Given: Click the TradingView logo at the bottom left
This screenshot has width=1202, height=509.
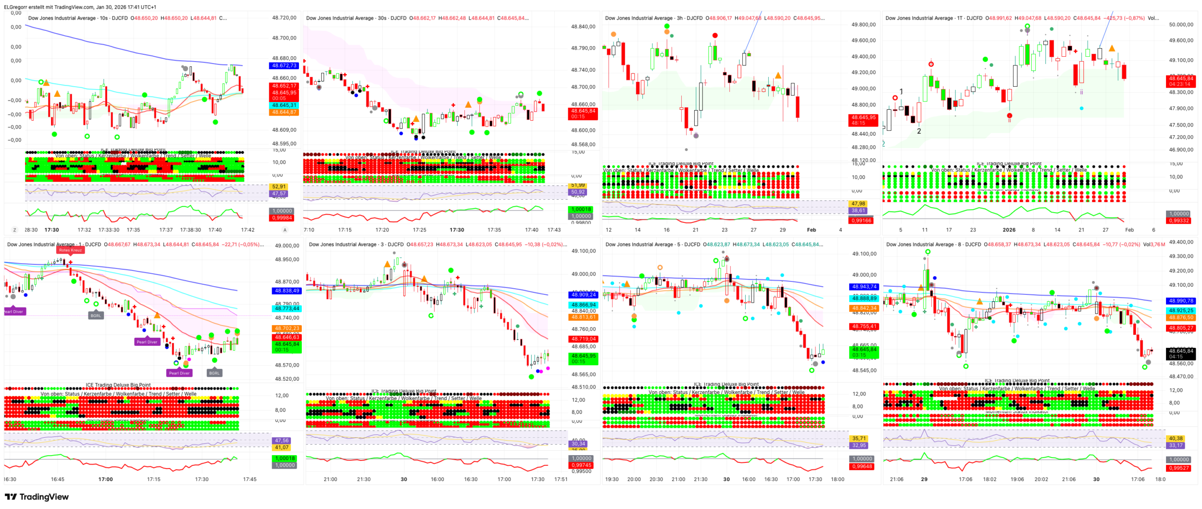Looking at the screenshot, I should click(37, 496).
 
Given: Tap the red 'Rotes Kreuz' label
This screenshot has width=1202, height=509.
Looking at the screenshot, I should click(70, 250).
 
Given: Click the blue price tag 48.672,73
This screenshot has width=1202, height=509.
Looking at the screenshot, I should click(284, 65).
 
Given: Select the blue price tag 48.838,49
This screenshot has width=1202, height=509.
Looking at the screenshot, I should click(287, 291).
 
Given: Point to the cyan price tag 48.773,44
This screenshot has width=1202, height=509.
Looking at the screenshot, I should click(287, 308).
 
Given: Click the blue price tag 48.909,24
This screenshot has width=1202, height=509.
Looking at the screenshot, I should click(583, 294).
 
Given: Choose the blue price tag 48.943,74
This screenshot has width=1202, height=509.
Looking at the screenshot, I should click(864, 287).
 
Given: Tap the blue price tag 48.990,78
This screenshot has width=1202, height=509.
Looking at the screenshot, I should click(1181, 301).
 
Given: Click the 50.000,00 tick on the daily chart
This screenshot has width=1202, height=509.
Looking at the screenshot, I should click(1181, 25).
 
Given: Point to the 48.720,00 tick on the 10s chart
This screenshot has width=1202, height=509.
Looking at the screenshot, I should click(284, 18).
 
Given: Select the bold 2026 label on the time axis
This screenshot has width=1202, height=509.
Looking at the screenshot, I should click(1009, 230).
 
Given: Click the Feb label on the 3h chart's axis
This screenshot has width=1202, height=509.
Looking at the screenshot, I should click(811, 230).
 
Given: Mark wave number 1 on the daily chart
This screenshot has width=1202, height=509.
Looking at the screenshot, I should click(901, 91).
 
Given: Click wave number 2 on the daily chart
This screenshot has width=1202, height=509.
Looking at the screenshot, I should click(918, 131).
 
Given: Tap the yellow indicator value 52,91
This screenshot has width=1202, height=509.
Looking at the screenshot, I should click(279, 187).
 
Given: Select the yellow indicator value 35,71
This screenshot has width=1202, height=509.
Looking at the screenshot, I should click(859, 438).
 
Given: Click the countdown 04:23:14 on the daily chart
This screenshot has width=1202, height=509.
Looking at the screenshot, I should click(1180, 84).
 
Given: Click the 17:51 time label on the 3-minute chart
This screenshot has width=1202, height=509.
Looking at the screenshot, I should click(561, 479).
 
